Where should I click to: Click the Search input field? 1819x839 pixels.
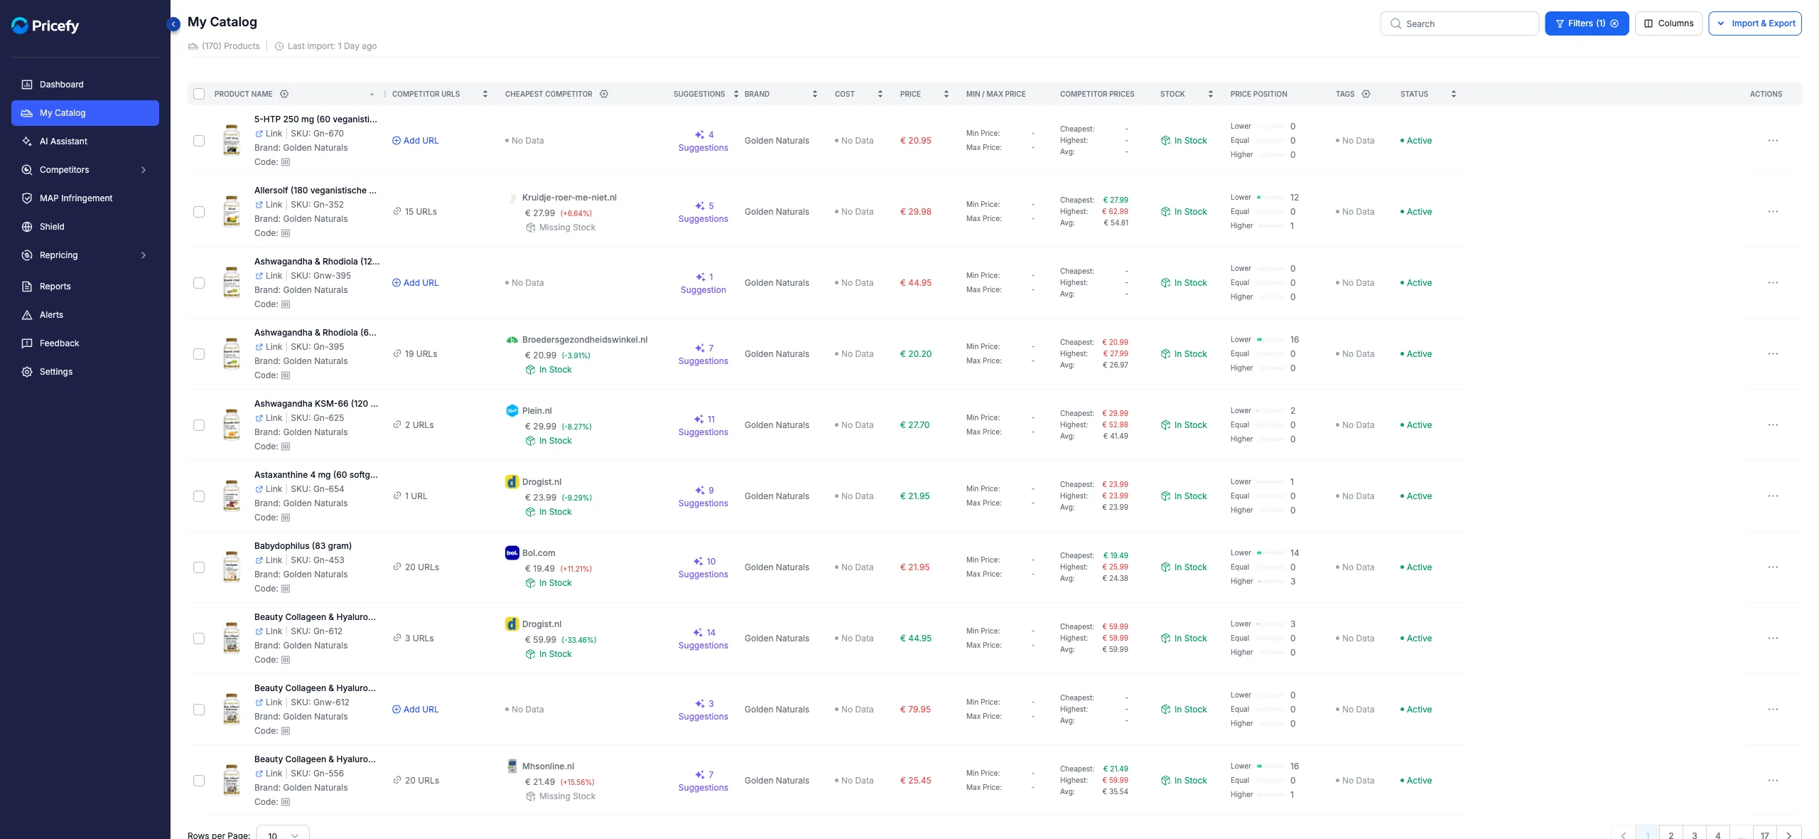pos(1459,23)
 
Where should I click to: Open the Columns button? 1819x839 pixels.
pos(1668,23)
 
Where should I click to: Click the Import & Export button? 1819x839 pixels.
pos(1755,23)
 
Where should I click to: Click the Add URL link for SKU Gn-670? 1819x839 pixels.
pos(416,141)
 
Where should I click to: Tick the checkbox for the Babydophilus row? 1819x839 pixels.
pos(199,567)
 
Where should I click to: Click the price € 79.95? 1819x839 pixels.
pos(915,710)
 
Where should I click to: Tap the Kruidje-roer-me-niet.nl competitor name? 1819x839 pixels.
pos(569,198)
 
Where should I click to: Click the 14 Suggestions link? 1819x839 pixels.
pos(703,638)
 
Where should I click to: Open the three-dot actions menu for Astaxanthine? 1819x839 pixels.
pos(1773,496)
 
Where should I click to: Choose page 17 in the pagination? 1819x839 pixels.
pos(1764,835)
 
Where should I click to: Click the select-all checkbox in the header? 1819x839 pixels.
pos(199,94)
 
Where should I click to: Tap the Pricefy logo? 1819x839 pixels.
pos(45,26)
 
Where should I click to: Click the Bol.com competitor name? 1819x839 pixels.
pos(539,553)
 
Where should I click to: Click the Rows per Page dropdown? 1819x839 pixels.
pos(283,834)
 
